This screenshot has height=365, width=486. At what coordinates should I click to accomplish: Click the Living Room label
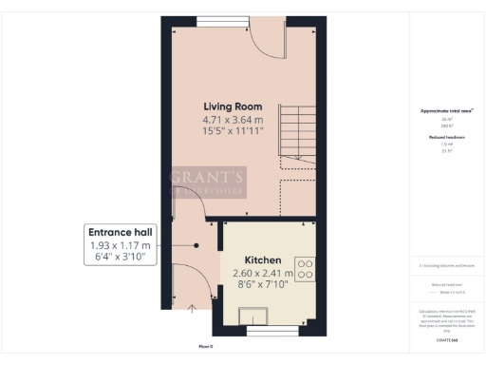(x=234, y=106)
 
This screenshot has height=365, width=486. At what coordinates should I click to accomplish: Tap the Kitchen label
(x=262, y=259)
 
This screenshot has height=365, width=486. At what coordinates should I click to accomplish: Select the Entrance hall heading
(x=120, y=232)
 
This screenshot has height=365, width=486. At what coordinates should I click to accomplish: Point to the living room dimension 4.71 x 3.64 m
(x=234, y=121)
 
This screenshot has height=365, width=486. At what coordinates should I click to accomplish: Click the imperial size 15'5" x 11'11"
(x=234, y=134)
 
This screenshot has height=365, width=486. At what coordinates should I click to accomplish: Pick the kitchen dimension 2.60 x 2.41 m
(x=262, y=274)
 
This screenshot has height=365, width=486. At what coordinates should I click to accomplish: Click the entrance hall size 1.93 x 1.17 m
(x=120, y=246)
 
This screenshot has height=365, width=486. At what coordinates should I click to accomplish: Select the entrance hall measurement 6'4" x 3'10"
(x=120, y=259)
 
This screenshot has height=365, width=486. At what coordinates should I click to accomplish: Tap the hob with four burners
(x=306, y=268)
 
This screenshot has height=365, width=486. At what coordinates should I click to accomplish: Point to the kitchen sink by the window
(x=255, y=317)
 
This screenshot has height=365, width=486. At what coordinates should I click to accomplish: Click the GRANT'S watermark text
(x=208, y=175)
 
